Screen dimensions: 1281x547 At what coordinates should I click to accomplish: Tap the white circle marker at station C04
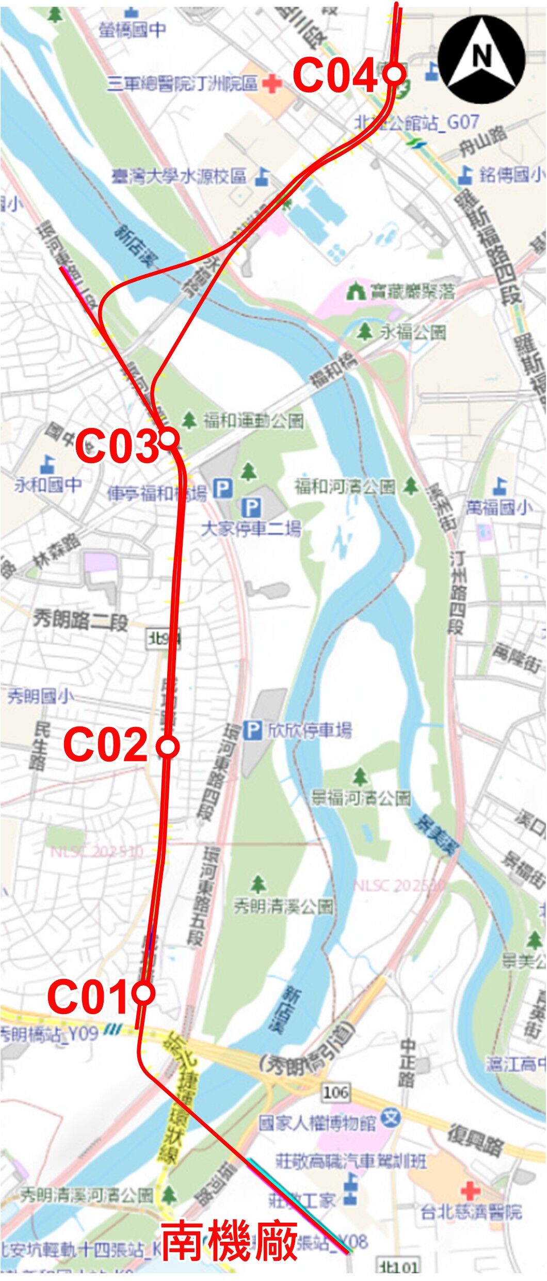pyautogui.click(x=395, y=73)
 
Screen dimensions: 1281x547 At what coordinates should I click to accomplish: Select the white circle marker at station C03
pyautogui.click(x=169, y=439)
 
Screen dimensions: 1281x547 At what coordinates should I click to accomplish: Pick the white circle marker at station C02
pyautogui.click(x=168, y=747)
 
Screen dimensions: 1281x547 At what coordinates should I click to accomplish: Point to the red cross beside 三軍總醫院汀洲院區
pyautogui.click(x=272, y=83)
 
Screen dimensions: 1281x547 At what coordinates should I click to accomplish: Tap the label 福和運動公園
pyautogui.click(x=253, y=421)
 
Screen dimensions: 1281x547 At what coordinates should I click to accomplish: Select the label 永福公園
pyautogui.click(x=413, y=332)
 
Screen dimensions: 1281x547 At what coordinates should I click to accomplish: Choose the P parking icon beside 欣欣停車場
pyautogui.click(x=252, y=730)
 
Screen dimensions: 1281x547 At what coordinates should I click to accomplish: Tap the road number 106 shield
pyautogui.click(x=335, y=1092)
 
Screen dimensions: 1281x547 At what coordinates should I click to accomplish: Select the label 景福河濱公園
pyautogui.click(x=361, y=798)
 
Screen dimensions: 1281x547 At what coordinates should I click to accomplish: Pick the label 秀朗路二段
pyautogui.click(x=81, y=620)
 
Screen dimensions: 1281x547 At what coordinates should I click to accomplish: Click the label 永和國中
pyautogui.click(x=47, y=485)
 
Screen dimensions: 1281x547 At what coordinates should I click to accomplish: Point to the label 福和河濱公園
pyautogui.click(x=345, y=486)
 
